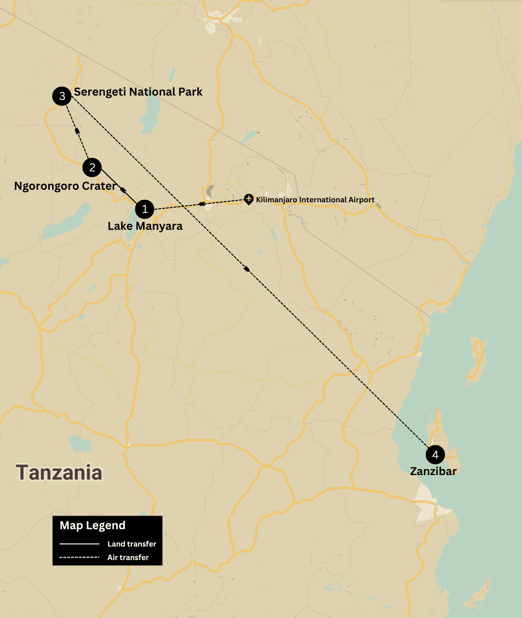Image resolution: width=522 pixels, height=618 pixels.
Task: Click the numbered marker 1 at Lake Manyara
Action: pos(145,209)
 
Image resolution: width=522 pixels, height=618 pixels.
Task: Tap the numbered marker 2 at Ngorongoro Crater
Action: pos(92,168)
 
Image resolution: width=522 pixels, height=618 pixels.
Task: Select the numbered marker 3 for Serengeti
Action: pos(62,96)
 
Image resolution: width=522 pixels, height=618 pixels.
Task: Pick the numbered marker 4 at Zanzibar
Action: pos(435,454)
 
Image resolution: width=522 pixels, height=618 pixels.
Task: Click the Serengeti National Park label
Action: pos(138,92)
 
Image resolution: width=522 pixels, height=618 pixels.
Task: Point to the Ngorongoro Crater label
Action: pos(65,186)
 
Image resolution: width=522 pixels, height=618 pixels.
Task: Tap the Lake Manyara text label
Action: pos(145,226)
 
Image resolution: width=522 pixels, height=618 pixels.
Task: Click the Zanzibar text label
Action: pos(433,471)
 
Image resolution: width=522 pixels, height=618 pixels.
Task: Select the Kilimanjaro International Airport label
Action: pos(315,199)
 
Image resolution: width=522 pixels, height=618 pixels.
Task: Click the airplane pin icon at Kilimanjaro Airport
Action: pos(248,198)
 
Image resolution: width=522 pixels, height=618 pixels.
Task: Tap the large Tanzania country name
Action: pos(59,472)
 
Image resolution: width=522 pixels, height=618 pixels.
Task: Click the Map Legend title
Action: pos(92,525)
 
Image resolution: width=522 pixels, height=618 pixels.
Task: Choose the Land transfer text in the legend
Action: pos(131,544)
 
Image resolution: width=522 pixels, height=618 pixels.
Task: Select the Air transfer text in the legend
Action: pos(128,557)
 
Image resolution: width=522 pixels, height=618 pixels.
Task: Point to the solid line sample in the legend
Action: pos(79,544)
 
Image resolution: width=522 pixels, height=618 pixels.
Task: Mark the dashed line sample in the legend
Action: pos(79,557)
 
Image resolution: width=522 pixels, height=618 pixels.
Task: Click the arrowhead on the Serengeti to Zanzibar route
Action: pos(247,269)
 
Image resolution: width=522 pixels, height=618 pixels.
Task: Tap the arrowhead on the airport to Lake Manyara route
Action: pos(202,204)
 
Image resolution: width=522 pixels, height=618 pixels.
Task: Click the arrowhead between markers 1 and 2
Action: pos(123,190)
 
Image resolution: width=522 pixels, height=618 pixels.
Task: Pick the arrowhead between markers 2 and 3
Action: pos(77,130)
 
